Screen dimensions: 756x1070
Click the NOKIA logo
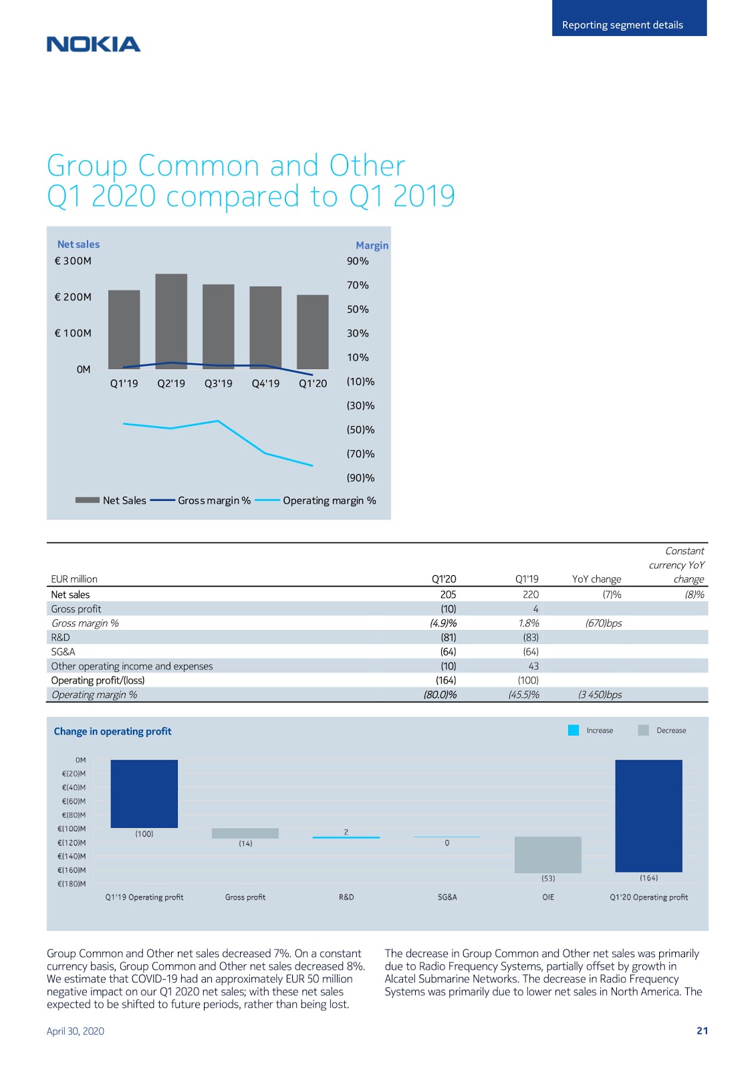(x=94, y=44)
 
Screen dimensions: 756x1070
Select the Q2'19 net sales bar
(x=171, y=321)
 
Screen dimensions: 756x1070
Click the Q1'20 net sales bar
(x=312, y=332)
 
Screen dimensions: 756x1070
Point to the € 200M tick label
(x=73, y=297)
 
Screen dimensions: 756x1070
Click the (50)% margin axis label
(x=360, y=429)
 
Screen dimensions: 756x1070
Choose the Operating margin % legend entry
(x=316, y=500)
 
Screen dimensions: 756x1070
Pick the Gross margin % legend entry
(x=200, y=500)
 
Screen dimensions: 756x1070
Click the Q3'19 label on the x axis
(x=219, y=383)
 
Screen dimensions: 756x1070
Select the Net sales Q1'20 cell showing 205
(x=448, y=595)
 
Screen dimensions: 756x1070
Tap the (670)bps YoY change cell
(x=604, y=623)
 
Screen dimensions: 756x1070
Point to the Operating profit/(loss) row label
(x=98, y=680)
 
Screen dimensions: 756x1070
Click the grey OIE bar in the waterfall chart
(x=547, y=855)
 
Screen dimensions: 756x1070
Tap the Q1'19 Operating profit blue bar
(x=144, y=793)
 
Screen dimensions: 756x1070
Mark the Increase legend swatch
(x=574, y=730)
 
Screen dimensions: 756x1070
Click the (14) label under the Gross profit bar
(x=245, y=843)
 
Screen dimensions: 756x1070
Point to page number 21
(x=702, y=1031)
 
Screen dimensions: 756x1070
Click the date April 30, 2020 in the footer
(x=75, y=1031)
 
